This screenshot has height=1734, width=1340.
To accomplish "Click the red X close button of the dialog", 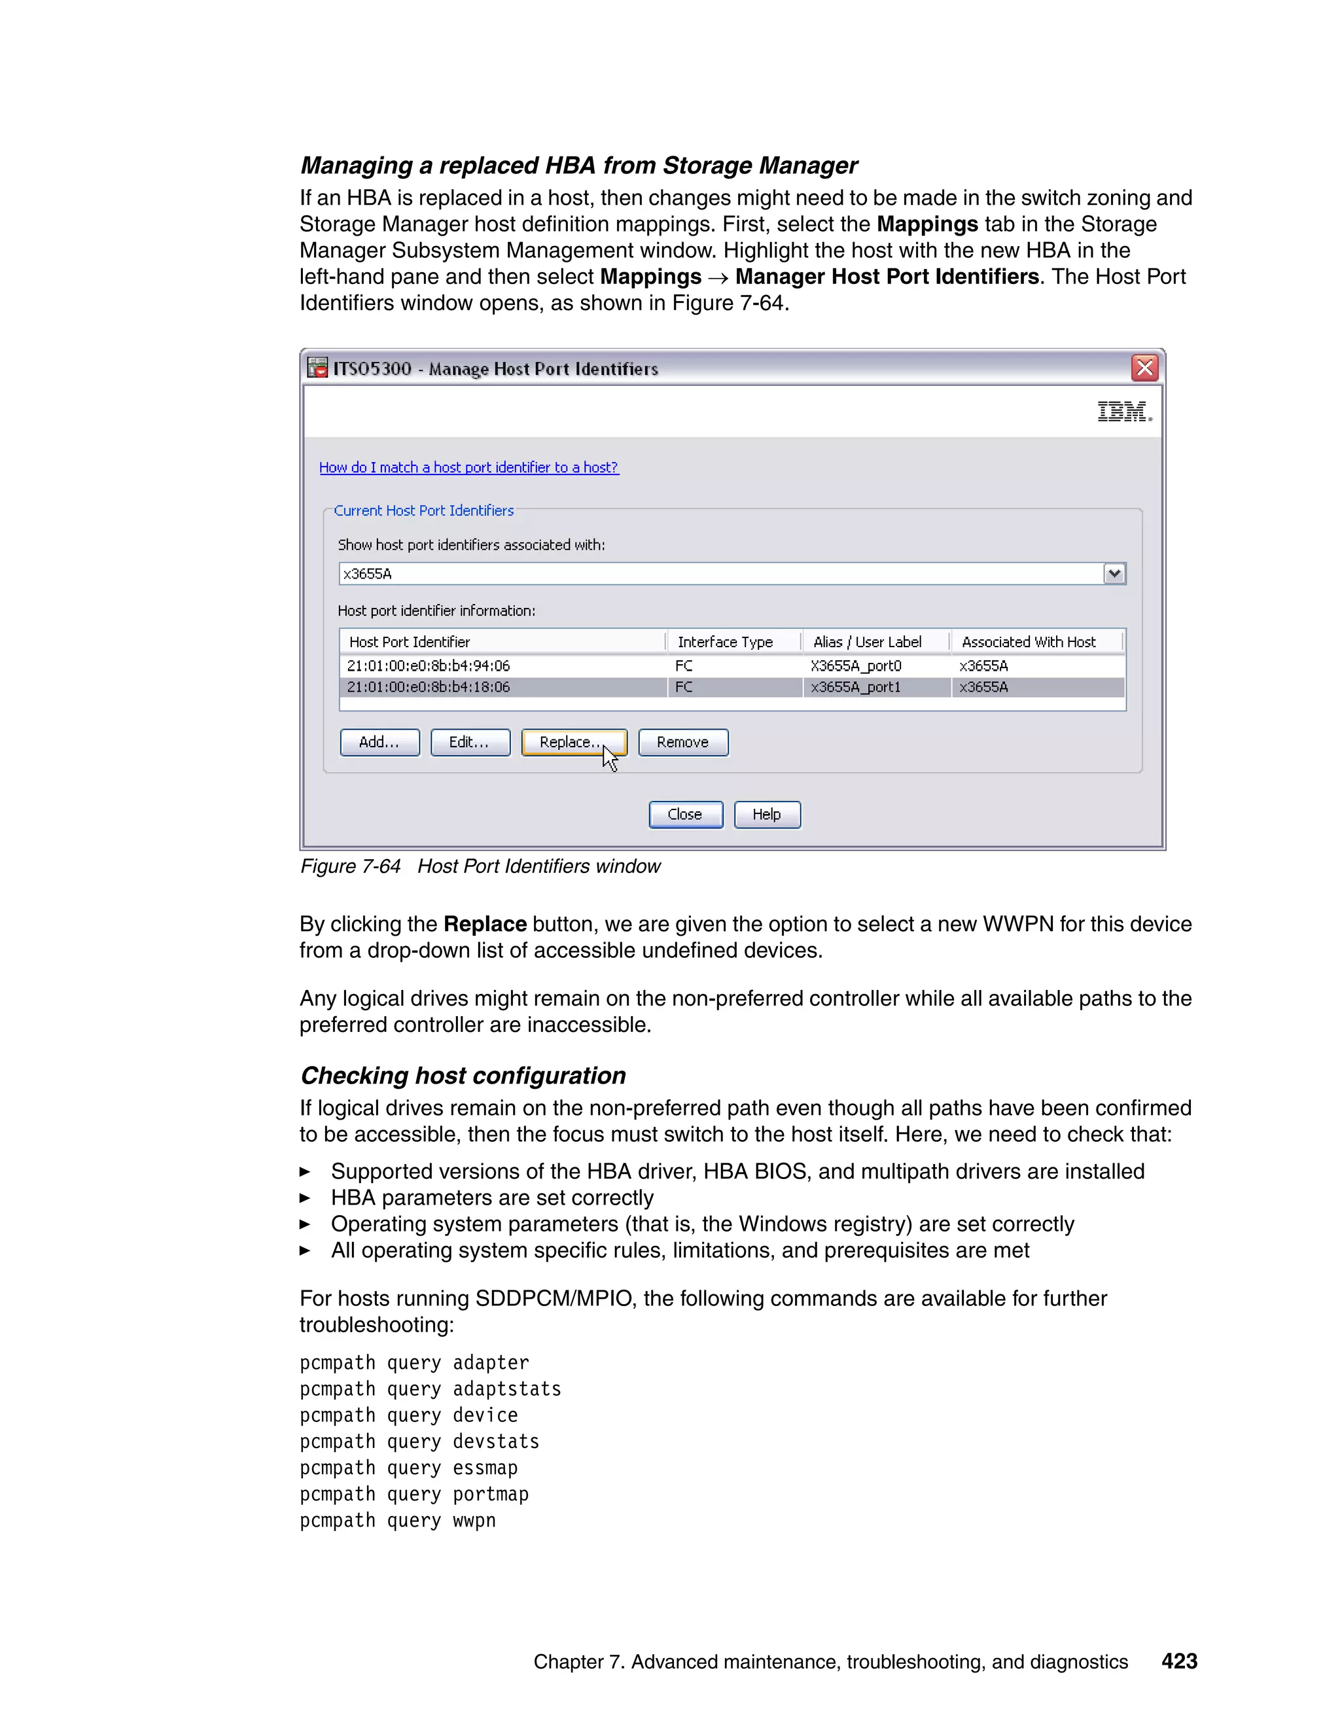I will pos(1144,368).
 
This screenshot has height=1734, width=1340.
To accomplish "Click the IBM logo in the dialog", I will pos(1123,412).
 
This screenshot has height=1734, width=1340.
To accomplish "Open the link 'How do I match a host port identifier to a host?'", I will pos(468,468).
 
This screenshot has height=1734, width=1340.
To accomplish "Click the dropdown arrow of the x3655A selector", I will pos(1114,573).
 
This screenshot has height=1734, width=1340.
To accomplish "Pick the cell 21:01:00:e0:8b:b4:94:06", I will pos(428,665).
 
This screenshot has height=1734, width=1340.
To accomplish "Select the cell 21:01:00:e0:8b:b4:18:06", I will pos(428,687).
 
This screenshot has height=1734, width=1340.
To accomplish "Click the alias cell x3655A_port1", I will pos(855,687).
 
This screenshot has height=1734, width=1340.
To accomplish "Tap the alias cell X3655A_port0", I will pos(855,665).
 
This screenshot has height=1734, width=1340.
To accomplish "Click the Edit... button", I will pos(470,743).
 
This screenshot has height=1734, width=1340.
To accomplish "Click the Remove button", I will pos(682,743).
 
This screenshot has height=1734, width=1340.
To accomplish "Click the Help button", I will pos(767,815).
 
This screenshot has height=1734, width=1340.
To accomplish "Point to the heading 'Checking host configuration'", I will pos(463,1076).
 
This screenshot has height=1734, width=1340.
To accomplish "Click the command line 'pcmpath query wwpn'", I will pos(397,1521).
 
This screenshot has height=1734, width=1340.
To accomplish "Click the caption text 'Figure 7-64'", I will pos(350,866).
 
